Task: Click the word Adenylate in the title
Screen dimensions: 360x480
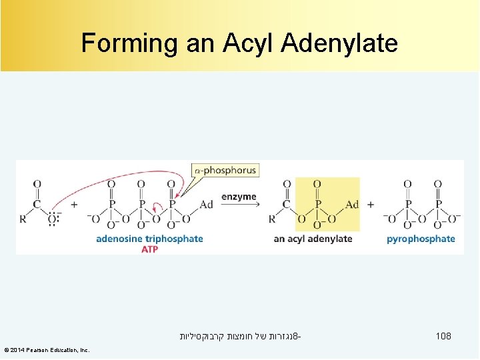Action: tap(340, 43)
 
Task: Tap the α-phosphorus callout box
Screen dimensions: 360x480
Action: tap(225, 171)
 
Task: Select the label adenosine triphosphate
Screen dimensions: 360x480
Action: tap(149, 239)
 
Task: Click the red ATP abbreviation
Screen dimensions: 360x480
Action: tap(150, 249)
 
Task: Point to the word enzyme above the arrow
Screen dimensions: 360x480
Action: tap(238, 196)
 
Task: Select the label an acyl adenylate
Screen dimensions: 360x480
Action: tap(313, 239)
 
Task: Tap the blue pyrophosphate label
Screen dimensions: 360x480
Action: tap(421, 239)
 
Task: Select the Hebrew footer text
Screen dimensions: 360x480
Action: tap(240, 337)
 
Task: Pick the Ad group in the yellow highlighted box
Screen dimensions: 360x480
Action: tap(352, 205)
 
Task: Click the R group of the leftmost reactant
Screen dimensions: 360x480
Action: tap(23, 219)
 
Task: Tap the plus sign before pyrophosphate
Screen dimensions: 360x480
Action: tap(371, 205)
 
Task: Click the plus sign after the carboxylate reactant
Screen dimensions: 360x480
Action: tap(74, 205)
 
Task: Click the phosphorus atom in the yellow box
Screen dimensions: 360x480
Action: tap(317, 205)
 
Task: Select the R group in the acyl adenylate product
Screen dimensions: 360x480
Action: tap(272, 219)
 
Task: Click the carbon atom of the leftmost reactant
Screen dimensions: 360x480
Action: tap(37, 205)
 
